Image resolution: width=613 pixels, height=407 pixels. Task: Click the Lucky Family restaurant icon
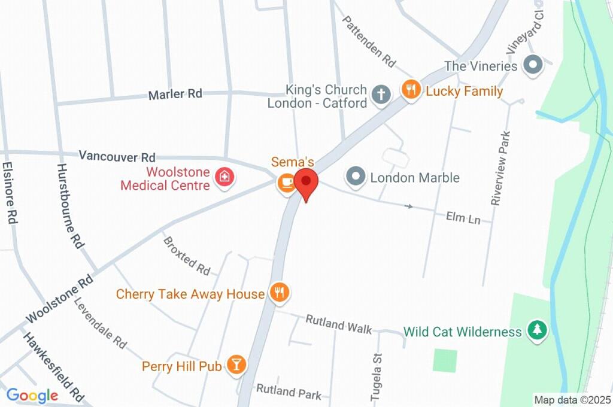pyautogui.click(x=410, y=91)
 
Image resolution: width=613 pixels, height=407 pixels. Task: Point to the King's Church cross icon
pyautogui.click(x=380, y=94)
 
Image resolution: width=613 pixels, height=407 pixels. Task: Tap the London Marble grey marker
pyautogui.click(x=356, y=177)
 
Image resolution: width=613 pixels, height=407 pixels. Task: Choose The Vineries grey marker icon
pyautogui.click(x=532, y=65)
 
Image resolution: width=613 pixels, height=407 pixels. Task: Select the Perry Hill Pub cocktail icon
pyautogui.click(x=236, y=365)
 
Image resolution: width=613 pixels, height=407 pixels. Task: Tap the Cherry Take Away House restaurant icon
pyautogui.click(x=279, y=293)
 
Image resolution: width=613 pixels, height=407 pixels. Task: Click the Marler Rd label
pyautogui.click(x=175, y=94)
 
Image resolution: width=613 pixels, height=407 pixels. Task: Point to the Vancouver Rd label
pyautogui.click(x=117, y=156)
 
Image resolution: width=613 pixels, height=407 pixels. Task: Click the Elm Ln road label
pyautogui.click(x=463, y=218)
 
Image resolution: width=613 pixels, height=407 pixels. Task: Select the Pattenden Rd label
pyautogui.click(x=369, y=41)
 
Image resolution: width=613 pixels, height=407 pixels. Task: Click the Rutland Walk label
pyautogui.click(x=338, y=324)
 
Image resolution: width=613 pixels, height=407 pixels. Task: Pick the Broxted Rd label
pyautogui.click(x=187, y=255)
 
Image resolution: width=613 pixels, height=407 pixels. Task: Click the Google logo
pyautogui.click(x=32, y=395)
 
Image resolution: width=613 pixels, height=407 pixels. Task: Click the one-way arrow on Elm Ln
pyautogui.click(x=409, y=206)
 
